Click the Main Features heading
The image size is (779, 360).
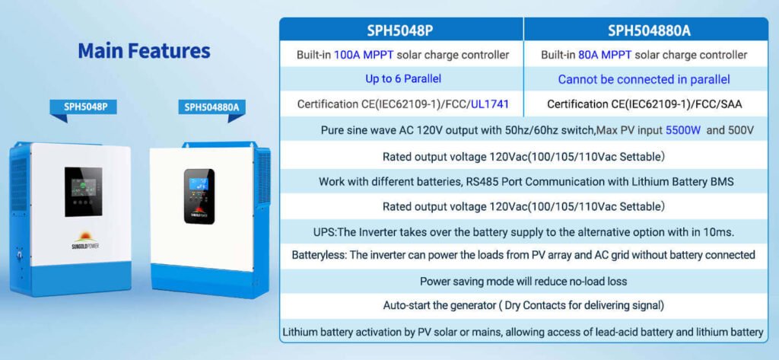(144, 51)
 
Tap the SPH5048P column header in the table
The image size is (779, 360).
(400, 30)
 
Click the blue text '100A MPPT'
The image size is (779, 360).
(364, 56)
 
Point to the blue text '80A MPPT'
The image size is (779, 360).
(605, 56)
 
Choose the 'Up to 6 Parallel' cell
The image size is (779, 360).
(403, 78)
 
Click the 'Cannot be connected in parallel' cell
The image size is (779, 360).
(644, 80)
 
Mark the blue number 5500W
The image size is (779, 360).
(683, 131)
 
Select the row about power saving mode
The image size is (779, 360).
(523, 282)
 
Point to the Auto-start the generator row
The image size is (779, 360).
(523, 305)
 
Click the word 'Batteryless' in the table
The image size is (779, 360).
(318, 255)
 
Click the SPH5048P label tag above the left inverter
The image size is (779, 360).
(83, 107)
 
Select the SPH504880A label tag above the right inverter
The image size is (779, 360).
(212, 107)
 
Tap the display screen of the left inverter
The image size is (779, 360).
(84, 192)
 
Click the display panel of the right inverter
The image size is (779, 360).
(199, 196)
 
